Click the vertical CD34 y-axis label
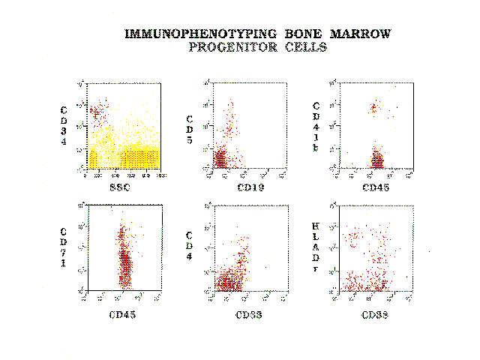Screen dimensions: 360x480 point(65,126)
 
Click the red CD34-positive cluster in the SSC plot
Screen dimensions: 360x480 point(96,112)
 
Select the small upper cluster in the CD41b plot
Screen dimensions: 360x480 point(373,108)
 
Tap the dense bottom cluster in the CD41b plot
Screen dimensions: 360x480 point(377,159)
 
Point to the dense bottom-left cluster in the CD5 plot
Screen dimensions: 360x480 point(221,159)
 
